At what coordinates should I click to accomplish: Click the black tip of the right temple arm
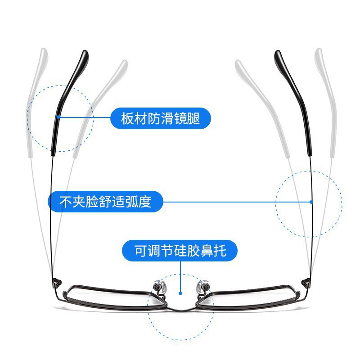[x=279, y=58]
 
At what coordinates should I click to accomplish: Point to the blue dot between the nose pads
[x=180, y=292]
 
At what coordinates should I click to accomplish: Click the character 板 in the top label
[x=127, y=119]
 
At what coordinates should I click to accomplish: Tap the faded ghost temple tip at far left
[x=43, y=56]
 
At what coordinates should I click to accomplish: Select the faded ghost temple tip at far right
[x=319, y=56]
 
